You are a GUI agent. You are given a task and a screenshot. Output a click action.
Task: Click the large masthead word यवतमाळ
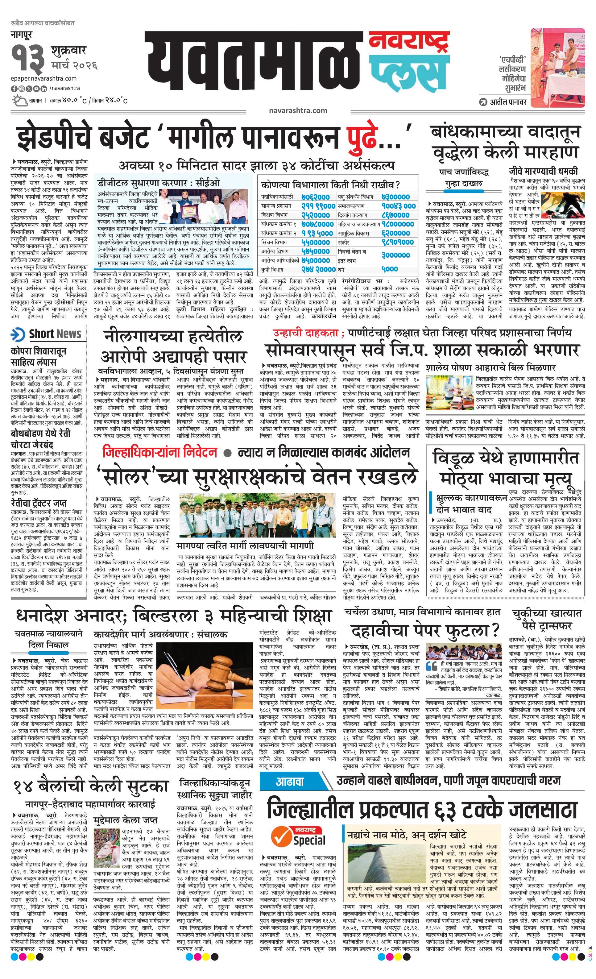tap(254, 64)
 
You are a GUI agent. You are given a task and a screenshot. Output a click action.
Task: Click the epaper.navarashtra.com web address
tap(44, 79)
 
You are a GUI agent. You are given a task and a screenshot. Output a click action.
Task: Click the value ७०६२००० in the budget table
tap(314, 196)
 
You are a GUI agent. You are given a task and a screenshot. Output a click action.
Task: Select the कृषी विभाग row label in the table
tap(274, 269)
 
